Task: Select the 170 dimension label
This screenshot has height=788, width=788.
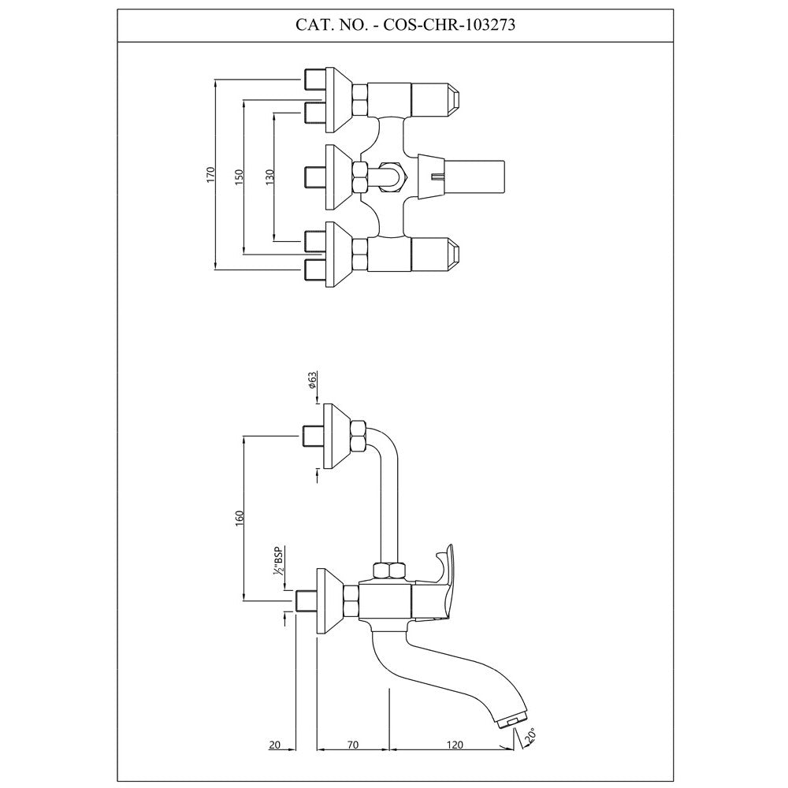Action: pos(210,174)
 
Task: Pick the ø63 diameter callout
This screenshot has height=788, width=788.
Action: pos(313,381)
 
